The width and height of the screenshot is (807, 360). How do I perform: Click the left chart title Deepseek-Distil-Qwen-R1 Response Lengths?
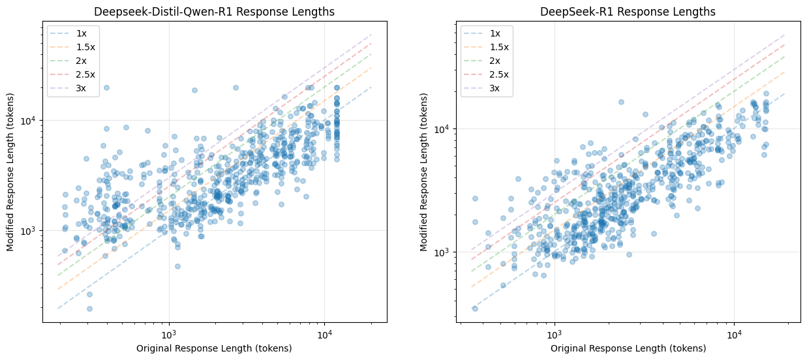point(214,12)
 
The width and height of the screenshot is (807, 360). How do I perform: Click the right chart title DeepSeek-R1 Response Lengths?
point(628,12)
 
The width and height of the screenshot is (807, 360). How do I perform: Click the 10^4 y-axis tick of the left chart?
point(30,121)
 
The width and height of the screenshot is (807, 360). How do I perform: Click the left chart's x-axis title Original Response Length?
point(214,348)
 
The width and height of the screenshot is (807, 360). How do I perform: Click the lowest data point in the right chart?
point(475,308)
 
